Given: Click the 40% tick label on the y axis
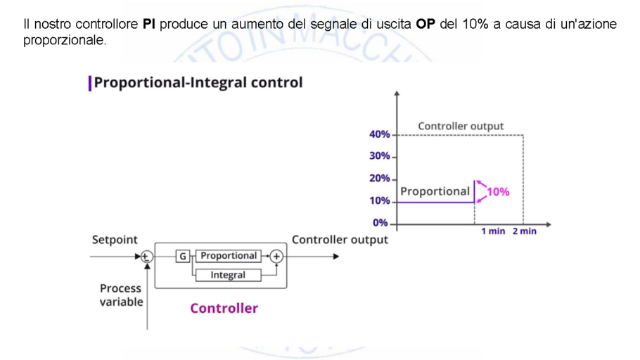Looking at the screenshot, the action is (380, 134).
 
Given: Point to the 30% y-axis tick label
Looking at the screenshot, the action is (380, 156).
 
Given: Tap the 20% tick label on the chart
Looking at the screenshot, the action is (380, 179).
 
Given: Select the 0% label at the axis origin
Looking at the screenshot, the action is (380, 223).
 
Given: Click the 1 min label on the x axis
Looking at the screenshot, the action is (493, 231).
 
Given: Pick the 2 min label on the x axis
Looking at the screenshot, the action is (524, 231).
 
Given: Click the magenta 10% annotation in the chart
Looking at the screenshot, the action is (499, 191).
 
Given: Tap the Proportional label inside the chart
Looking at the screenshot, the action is (435, 191).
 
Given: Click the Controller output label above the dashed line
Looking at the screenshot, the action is (461, 127).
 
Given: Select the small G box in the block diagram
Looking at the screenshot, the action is (183, 257).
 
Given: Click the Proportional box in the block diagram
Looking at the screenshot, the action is (229, 256).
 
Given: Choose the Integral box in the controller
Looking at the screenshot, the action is (228, 275).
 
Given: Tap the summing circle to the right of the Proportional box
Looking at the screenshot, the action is (276, 257).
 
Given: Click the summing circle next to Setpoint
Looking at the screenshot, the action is (146, 257).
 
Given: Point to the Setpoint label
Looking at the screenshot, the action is (115, 240).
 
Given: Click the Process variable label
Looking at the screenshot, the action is (121, 295).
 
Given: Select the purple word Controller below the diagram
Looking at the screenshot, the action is (224, 308).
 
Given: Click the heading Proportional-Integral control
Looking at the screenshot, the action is (198, 82).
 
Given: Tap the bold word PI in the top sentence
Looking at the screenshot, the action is (148, 24).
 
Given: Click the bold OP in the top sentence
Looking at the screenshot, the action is (425, 24).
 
